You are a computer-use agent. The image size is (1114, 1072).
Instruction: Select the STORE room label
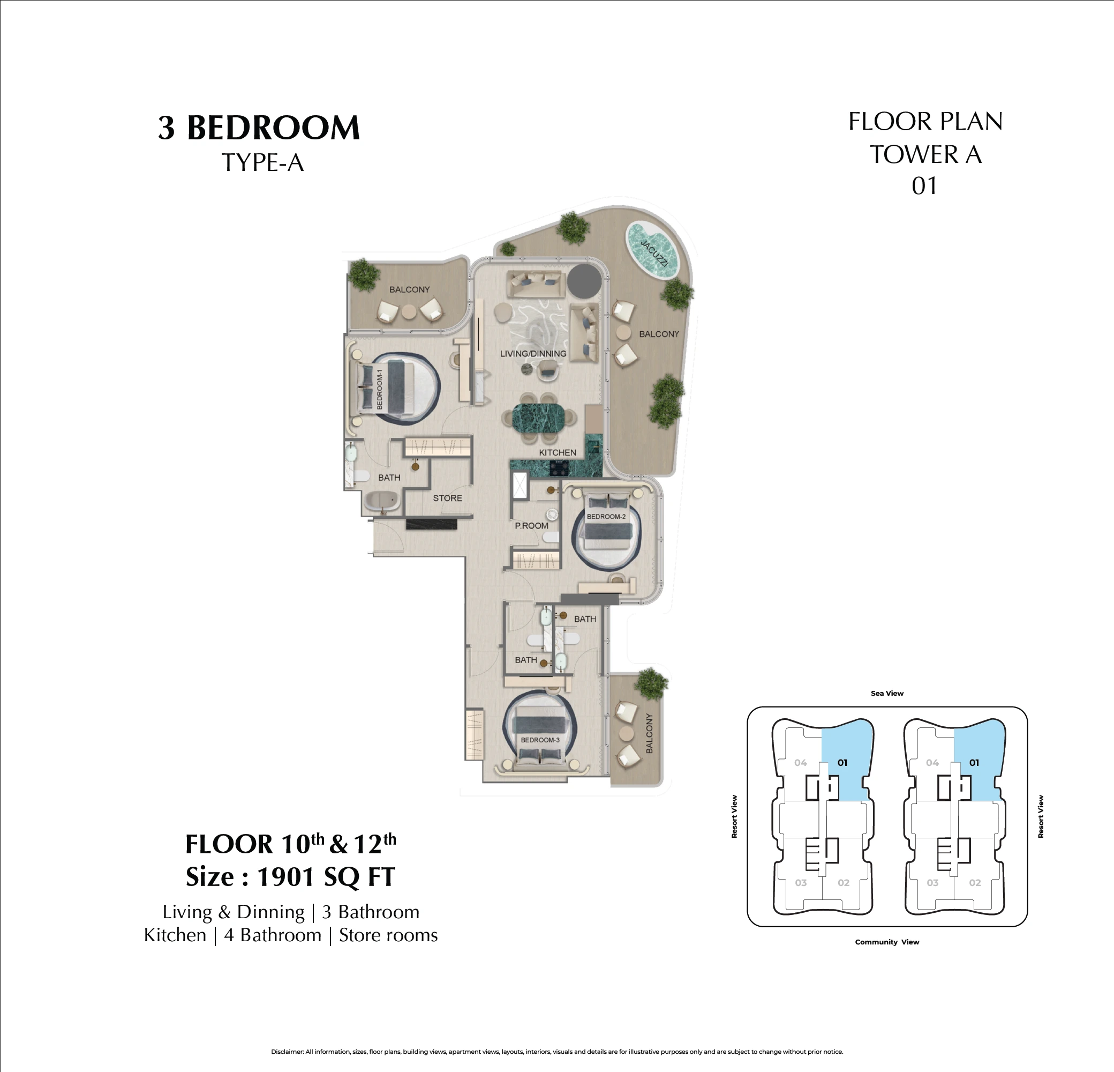[x=447, y=498]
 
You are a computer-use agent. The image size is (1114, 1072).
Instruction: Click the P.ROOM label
[x=531, y=525]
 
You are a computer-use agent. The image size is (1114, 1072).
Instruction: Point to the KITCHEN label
[x=558, y=453]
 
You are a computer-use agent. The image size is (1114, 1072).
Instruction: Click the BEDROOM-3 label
[x=540, y=740]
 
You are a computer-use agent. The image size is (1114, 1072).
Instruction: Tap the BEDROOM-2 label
[x=606, y=516]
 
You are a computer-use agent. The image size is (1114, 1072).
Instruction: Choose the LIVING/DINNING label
[x=533, y=354]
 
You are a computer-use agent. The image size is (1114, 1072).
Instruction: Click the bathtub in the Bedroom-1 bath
[x=382, y=502]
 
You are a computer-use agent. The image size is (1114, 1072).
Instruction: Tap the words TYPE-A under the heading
[x=262, y=162]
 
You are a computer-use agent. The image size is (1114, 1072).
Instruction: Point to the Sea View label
[x=887, y=693]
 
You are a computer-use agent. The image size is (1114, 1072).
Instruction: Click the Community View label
[x=887, y=942]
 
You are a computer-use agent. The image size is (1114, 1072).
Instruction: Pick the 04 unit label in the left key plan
[x=800, y=763]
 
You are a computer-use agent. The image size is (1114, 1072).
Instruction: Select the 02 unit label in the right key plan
[x=975, y=883]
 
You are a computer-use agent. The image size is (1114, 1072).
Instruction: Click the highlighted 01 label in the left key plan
[x=842, y=763]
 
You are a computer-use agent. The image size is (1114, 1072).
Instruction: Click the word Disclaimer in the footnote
[x=287, y=1052]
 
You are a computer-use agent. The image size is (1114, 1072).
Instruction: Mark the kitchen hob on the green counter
[x=559, y=467]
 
